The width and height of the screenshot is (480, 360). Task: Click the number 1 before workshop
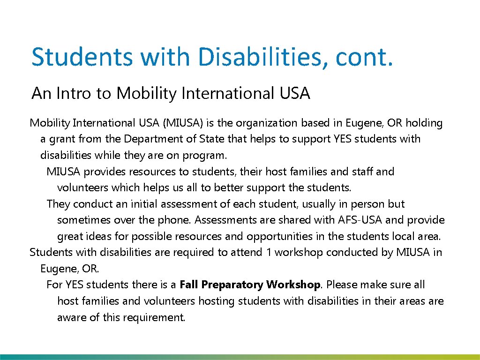coord(269,253)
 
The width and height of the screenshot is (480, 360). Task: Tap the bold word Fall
coord(189,285)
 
